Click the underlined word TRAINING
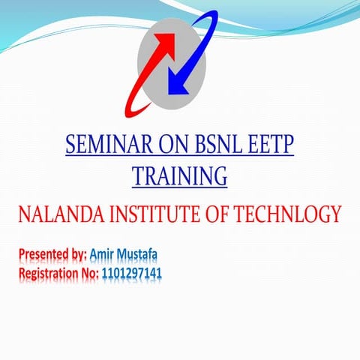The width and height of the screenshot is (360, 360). pyautogui.click(x=179, y=175)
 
